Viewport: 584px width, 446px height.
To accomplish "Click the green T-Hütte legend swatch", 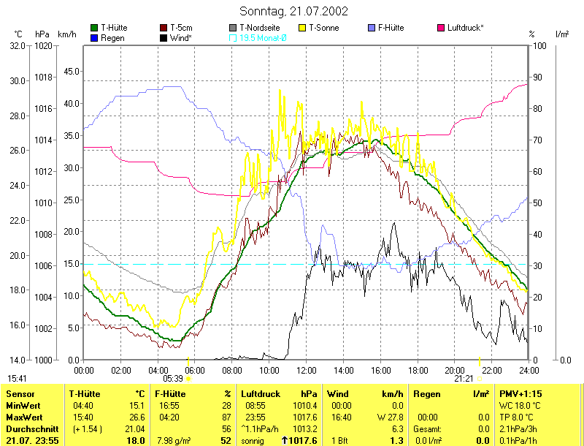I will pyautogui.click(x=94, y=28).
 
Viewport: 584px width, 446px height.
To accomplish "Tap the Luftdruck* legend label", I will pyautogui.click(x=465, y=28).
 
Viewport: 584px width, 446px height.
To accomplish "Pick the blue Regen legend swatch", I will pyautogui.click(x=94, y=37).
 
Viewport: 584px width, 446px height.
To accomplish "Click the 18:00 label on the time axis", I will pyautogui.click(x=418, y=371).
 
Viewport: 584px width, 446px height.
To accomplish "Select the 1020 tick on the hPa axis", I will pyautogui.click(x=43, y=45).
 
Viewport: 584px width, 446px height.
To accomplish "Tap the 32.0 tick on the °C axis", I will pyautogui.click(x=17, y=45).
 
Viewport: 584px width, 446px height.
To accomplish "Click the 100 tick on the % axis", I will pyautogui.click(x=540, y=45).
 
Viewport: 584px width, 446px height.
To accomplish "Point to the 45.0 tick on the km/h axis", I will pyautogui.click(x=71, y=72).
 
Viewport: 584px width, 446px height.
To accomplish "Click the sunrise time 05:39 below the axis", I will pyautogui.click(x=173, y=379).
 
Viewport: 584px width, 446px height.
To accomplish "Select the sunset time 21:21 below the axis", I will pyautogui.click(x=464, y=379).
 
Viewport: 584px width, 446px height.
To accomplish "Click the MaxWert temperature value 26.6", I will pyautogui.click(x=136, y=417).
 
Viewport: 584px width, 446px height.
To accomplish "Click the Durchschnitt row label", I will pyautogui.click(x=26, y=428).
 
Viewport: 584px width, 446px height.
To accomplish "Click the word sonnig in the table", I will pyautogui.click(x=253, y=440).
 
